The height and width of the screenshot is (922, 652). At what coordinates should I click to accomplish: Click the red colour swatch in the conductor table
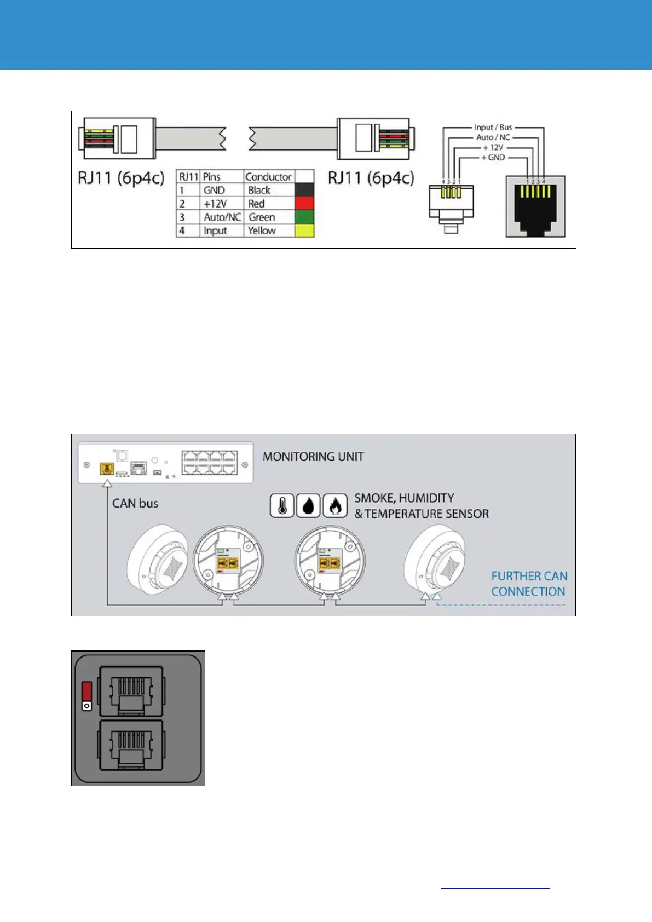(x=304, y=204)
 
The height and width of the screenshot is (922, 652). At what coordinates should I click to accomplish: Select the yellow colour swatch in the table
(x=304, y=231)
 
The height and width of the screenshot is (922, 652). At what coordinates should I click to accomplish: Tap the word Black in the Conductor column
(x=259, y=190)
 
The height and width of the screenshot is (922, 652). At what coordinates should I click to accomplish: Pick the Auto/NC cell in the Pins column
(x=222, y=217)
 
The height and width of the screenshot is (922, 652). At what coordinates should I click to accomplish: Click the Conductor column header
(x=268, y=177)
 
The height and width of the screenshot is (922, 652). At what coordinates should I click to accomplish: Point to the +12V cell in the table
(x=215, y=204)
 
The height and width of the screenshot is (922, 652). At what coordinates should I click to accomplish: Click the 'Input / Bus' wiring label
(x=493, y=128)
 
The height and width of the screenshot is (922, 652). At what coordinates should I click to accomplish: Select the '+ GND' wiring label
(x=493, y=158)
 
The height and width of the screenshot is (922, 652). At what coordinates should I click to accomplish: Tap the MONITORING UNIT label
(x=313, y=457)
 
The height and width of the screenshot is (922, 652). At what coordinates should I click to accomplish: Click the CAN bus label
(x=135, y=503)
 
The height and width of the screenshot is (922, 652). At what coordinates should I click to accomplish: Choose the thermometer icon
(x=282, y=506)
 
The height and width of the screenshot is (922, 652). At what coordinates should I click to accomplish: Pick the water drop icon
(x=308, y=506)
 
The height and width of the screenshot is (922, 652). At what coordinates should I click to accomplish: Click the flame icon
(x=335, y=506)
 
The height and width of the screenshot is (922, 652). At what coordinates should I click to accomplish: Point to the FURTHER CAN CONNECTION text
(x=529, y=584)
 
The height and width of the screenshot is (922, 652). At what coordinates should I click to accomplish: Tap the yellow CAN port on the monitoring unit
(x=107, y=469)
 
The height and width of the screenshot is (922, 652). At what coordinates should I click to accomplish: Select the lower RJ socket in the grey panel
(x=130, y=745)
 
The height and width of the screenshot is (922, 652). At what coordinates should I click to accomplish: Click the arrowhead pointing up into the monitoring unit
(x=107, y=483)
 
